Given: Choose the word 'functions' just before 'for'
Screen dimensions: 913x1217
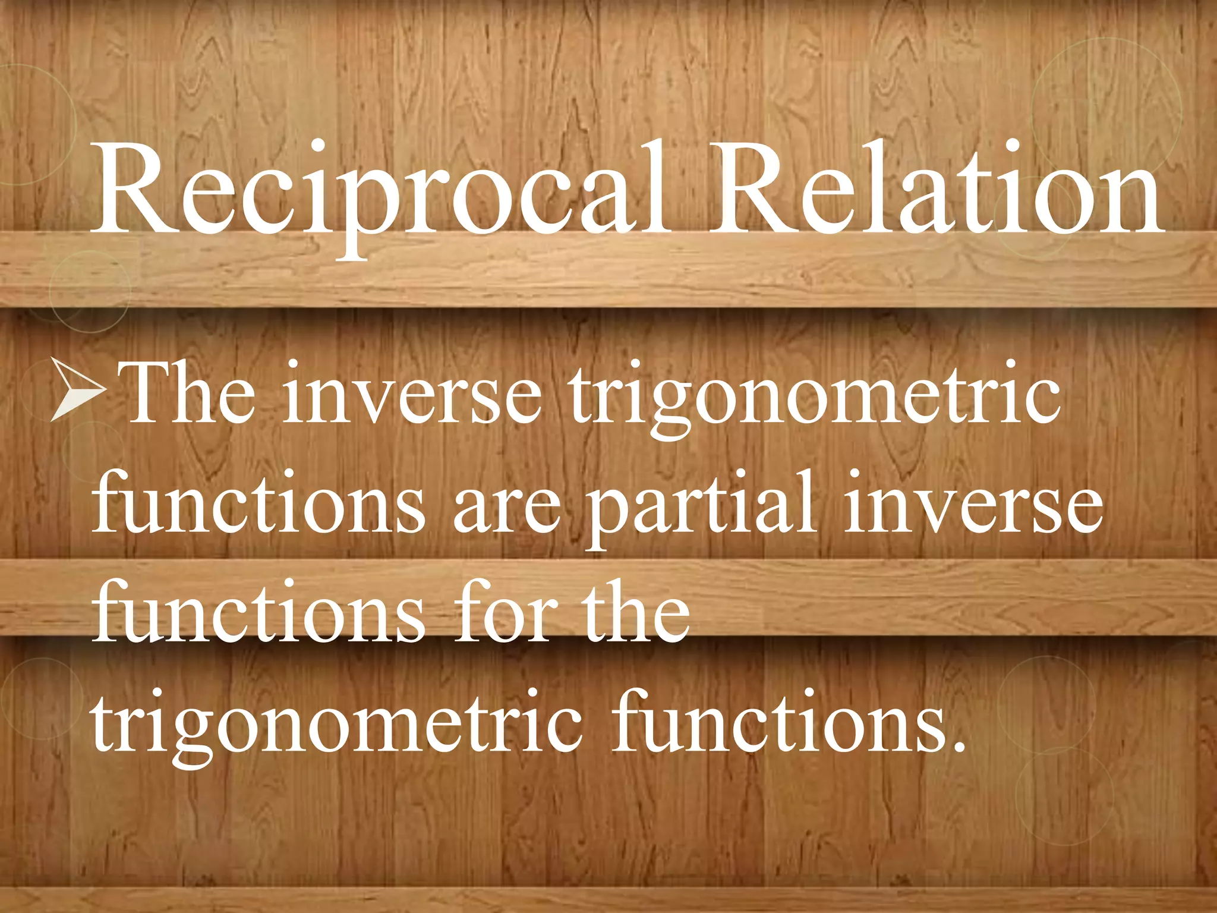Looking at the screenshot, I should [259, 612].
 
